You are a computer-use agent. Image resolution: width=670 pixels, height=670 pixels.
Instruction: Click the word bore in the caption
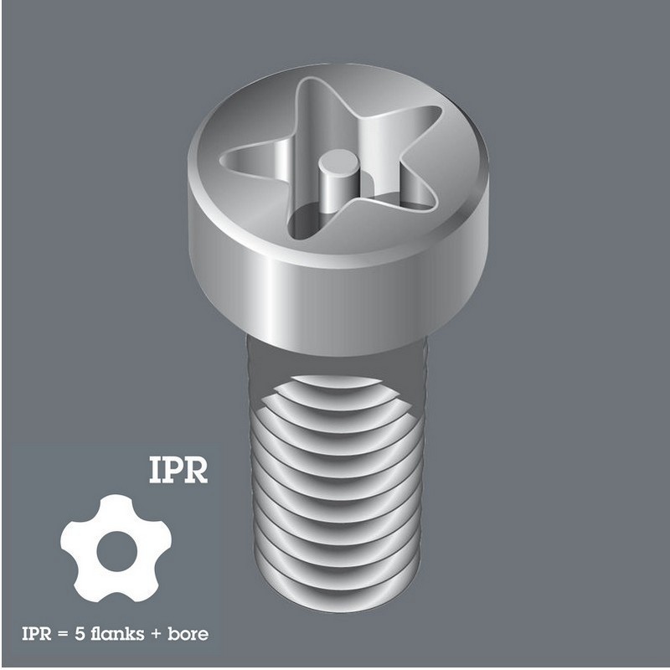point(187,633)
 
